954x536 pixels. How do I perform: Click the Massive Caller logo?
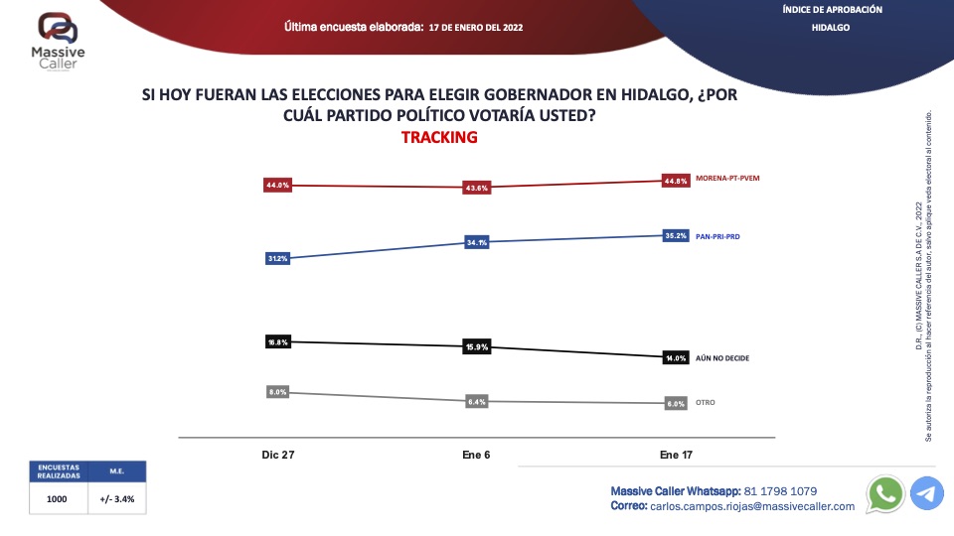[x=59, y=41]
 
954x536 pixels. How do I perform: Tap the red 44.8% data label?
[x=676, y=181]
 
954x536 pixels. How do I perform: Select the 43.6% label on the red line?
[x=477, y=189]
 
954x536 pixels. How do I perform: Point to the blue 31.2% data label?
[x=277, y=259]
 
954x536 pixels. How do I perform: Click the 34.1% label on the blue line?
[x=477, y=242]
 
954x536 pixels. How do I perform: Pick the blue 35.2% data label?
[x=676, y=236]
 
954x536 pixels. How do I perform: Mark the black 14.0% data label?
[x=676, y=357]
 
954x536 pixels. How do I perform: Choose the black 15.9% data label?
[x=477, y=347]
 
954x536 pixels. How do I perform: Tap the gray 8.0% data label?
[x=277, y=392]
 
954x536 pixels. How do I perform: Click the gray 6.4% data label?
[x=477, y=402]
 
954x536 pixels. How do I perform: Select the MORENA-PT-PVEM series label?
[x=734, y=179]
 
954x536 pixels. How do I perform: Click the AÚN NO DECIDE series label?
[x=722, y=357]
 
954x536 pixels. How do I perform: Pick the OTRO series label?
[x=706, y=402]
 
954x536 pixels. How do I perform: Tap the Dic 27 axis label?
[x=277, y=455]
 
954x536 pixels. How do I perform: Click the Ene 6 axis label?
[x=476, y=455]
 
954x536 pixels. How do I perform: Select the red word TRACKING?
[x=439, y=137]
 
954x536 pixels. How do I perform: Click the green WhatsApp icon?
[x=884, y=493]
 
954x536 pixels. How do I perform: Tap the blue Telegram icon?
[x=927, y=493]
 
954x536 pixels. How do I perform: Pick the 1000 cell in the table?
[x=57, y=499]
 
